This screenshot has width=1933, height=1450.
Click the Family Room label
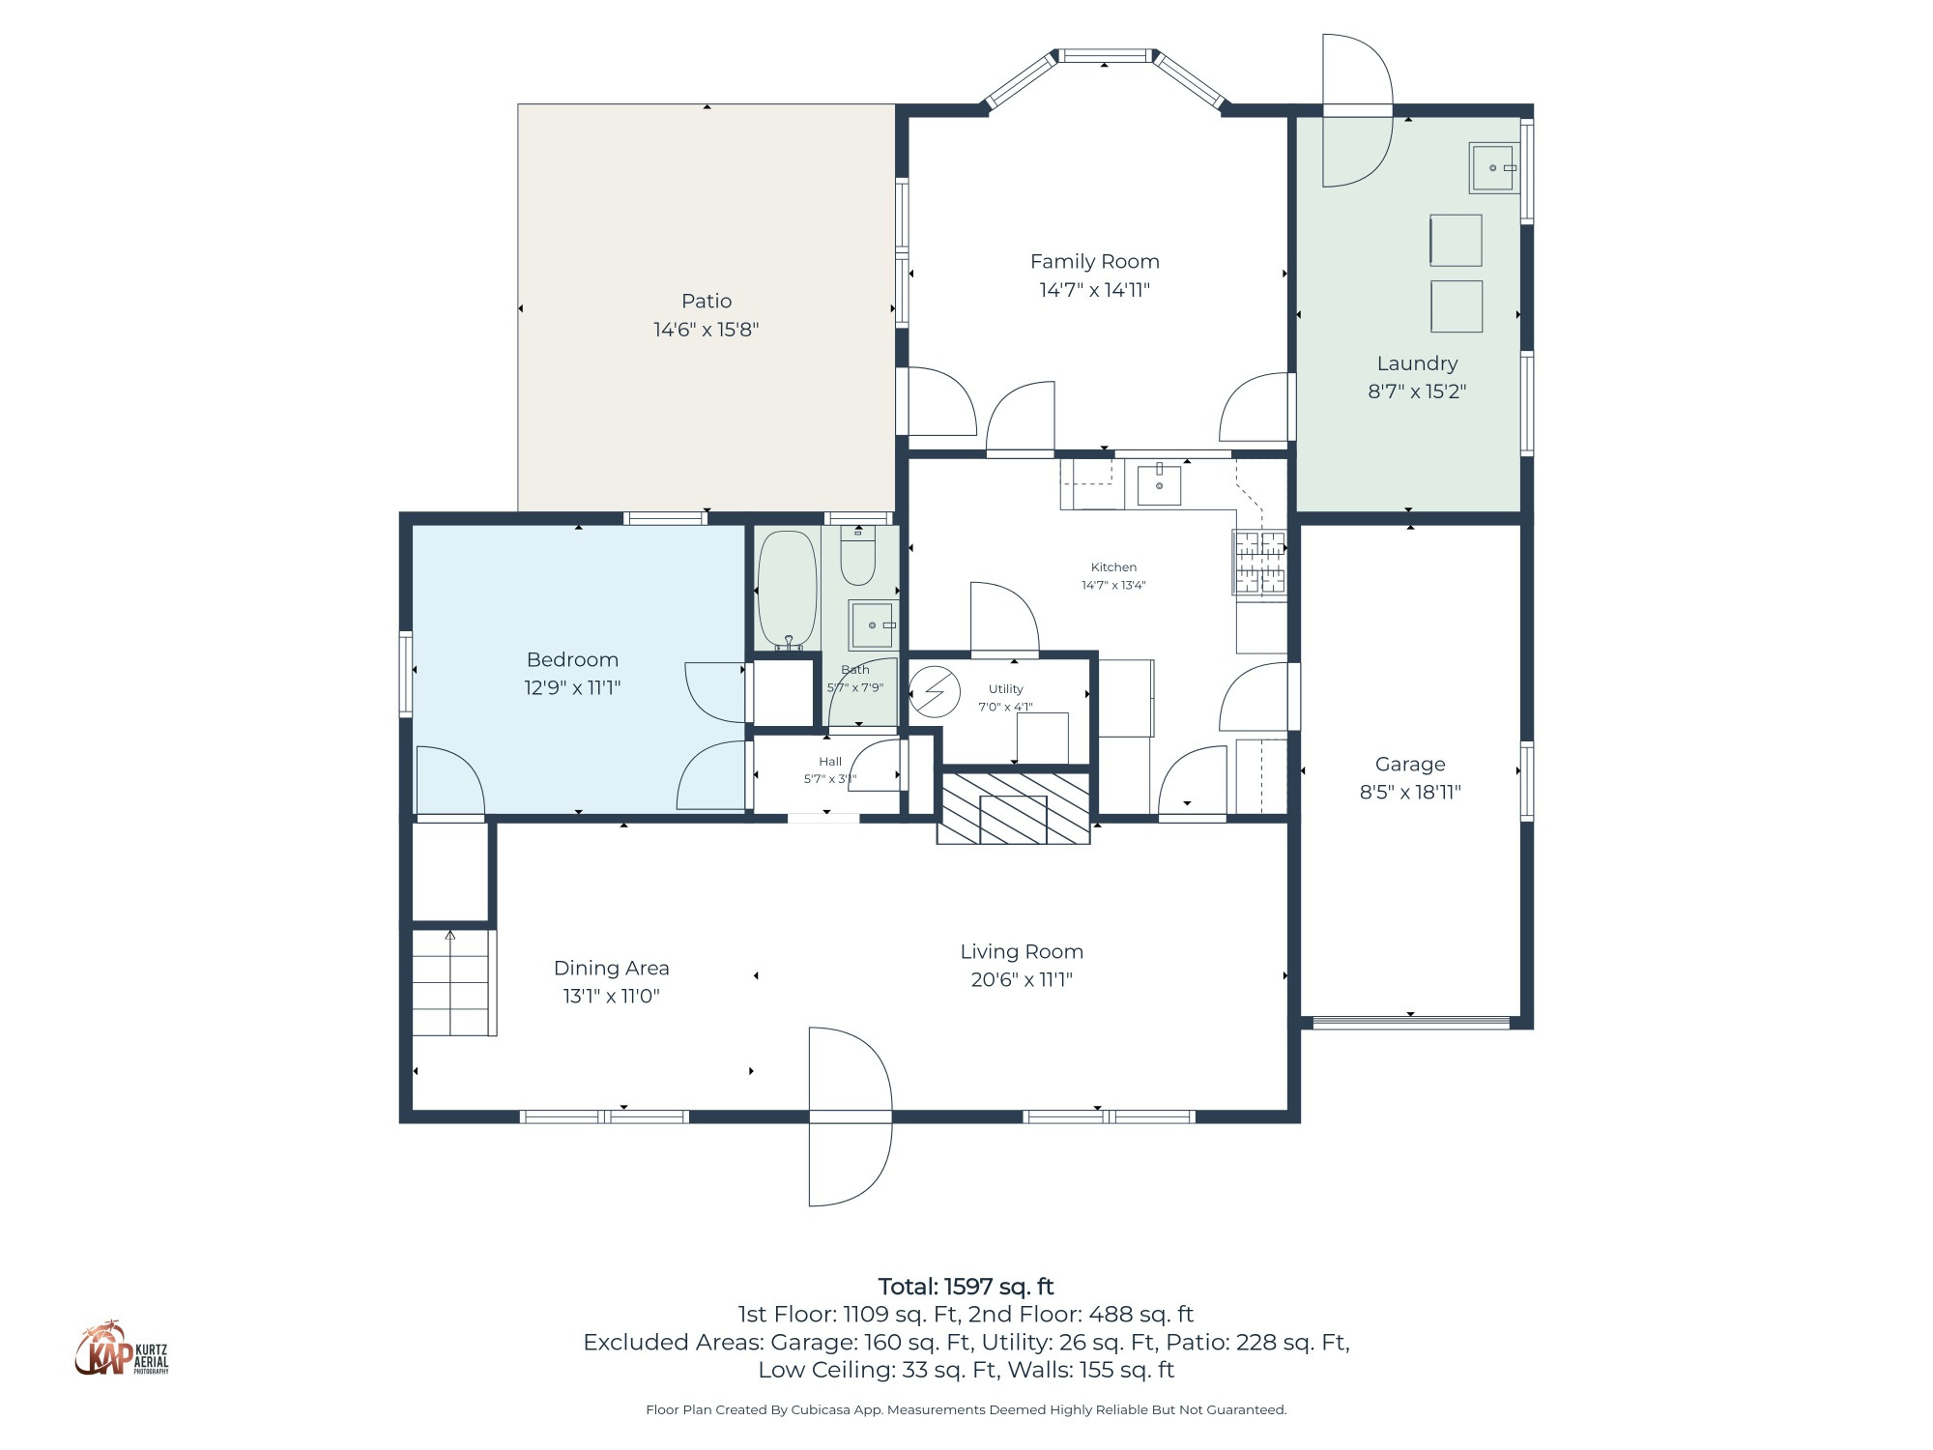click(x=1094, y=261)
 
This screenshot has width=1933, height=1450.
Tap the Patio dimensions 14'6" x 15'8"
click(x=706, y=330)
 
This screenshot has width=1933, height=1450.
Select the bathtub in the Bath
click(x=787, y=588)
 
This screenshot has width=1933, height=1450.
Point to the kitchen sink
click(x=1158, y=484)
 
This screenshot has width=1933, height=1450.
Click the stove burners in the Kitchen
click(x=1260, y=563)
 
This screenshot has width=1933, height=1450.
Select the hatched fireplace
click(x=1013, y=807)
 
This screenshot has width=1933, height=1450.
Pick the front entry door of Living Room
click(x=850, y=1117)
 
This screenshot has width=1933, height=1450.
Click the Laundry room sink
click(x=1493, y=168)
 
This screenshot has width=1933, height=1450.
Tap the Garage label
click(x=1410, y=764)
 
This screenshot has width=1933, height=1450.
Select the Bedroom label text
click(x=572, y=659)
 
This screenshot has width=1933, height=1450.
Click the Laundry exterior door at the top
click(x=1357, y=110)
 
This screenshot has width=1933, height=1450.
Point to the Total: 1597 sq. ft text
click(x=966, y=1287)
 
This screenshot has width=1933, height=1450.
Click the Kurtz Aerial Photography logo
click(x=122, y=1348)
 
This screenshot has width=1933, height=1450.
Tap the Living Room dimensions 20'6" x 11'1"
click(x=1022, y=979)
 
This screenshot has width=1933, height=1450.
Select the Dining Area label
click(x=611, y=968)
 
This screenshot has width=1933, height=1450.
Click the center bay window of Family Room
click(x=1105, y=56)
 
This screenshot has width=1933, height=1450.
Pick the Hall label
click(x=829, y=761)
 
